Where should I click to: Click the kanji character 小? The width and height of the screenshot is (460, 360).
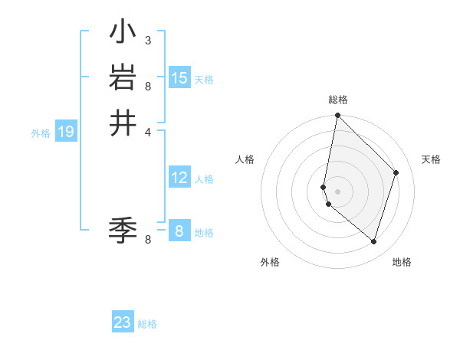coord(123,32)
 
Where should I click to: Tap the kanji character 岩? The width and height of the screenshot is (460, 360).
coord(123,77)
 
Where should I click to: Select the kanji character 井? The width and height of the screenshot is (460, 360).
coord(123,123)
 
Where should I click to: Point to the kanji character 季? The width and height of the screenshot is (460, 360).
coord(123,227)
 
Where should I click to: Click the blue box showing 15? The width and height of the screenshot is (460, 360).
coord(179,78)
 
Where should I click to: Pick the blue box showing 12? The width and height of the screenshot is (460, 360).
coord(179,178)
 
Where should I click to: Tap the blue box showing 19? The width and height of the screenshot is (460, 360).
coord(66,133)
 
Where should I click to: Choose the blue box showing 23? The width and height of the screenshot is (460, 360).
coord(123,322)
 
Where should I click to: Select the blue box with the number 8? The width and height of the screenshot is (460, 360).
coord(179,231)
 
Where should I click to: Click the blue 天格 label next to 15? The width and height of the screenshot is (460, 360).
coord(204,80)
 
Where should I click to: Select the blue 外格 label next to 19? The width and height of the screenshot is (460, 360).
coord(41,133)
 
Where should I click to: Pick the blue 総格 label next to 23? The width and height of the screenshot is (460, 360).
coord(147,324)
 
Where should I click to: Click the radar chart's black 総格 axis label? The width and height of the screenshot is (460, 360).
coord(338,100)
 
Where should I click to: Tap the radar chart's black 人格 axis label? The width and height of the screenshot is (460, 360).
coord(245,159)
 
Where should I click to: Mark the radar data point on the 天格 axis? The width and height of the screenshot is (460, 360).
coord(396,172)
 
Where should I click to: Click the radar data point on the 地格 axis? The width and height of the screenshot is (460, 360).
coord(374,241)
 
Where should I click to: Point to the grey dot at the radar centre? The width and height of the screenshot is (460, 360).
coord(338,191)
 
